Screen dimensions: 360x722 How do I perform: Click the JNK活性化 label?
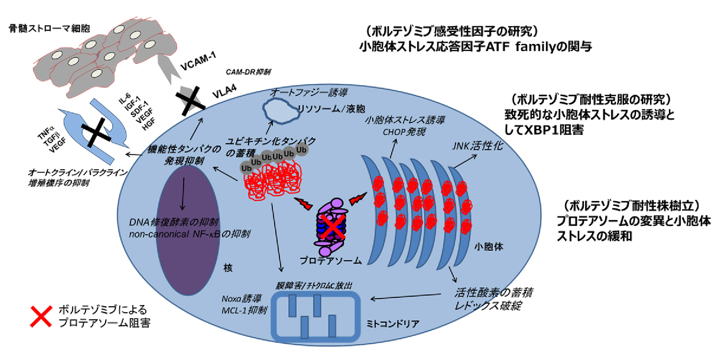tap(477, 146)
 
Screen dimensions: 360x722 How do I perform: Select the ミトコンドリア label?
tap(393, 324)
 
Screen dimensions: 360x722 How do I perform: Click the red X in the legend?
tap(41, 316)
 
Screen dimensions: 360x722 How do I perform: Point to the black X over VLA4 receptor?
tap(190, 99)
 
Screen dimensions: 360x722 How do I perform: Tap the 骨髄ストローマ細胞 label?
tap(49, 28)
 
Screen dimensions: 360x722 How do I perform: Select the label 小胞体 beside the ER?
tap(489, 247)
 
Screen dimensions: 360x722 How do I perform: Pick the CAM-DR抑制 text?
tap(248, 72)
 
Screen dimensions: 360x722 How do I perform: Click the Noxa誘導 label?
tap(241, 299)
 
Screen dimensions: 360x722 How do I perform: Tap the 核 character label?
tap(228, 268)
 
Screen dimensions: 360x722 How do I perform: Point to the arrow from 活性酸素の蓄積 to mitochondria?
tap(406, 297)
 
